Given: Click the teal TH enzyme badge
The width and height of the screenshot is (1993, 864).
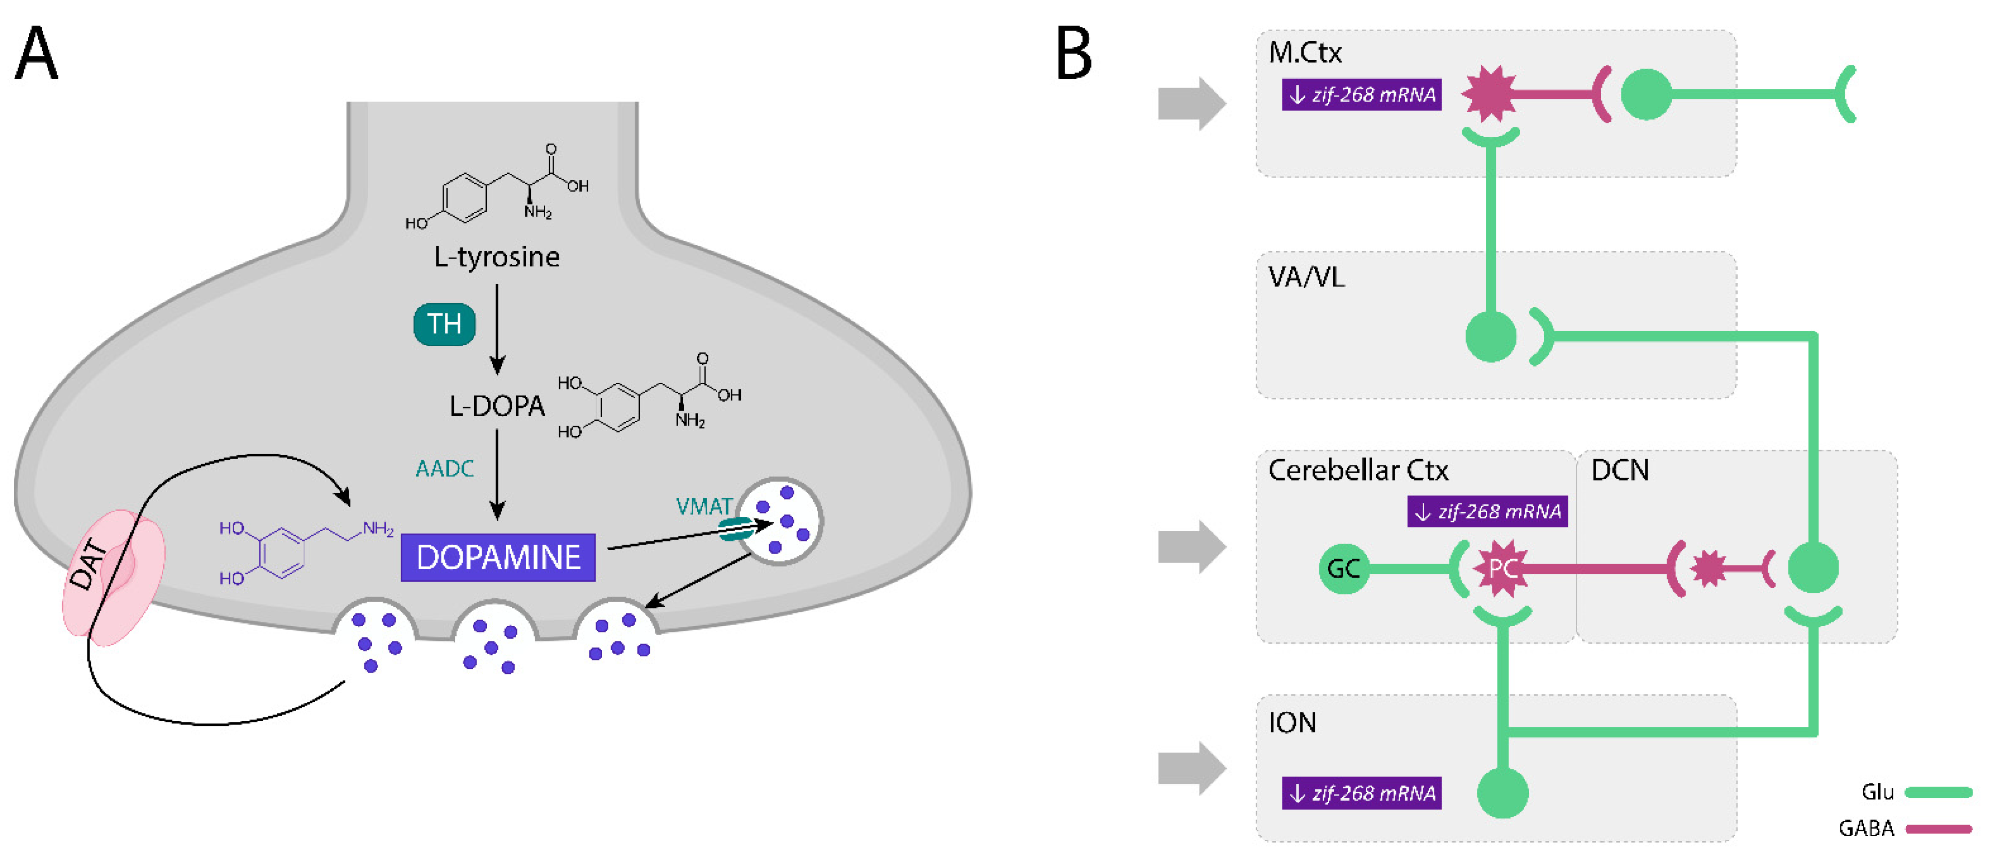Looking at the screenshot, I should (x=444, y=324).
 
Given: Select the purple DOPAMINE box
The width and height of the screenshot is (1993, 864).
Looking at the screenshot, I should (x=498, y=558).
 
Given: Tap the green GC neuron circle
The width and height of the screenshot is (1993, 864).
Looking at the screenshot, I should (x=1343, y=569).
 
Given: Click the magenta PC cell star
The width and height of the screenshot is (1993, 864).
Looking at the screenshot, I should (x=1502, y=569).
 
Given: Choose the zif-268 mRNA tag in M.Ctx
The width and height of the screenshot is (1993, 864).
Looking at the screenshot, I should (x=1361, y=95).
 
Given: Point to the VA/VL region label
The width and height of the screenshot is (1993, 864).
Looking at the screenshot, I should (x=1306, y=277).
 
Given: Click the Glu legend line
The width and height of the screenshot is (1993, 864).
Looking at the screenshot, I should (x=1938, y=792).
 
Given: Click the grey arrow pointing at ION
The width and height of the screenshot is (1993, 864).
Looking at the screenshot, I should (x=1191, y=768).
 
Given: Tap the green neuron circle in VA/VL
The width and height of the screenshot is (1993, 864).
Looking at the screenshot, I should (x=1491, y=337).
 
